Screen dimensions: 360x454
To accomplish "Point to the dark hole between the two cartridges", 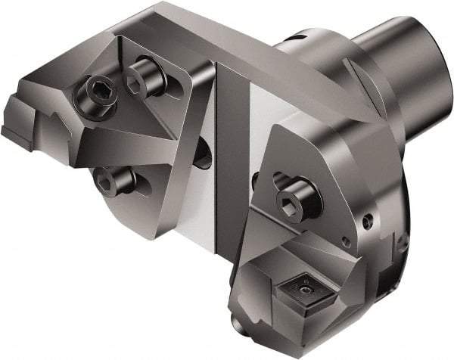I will pyautogui.click(x=203, y=155).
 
